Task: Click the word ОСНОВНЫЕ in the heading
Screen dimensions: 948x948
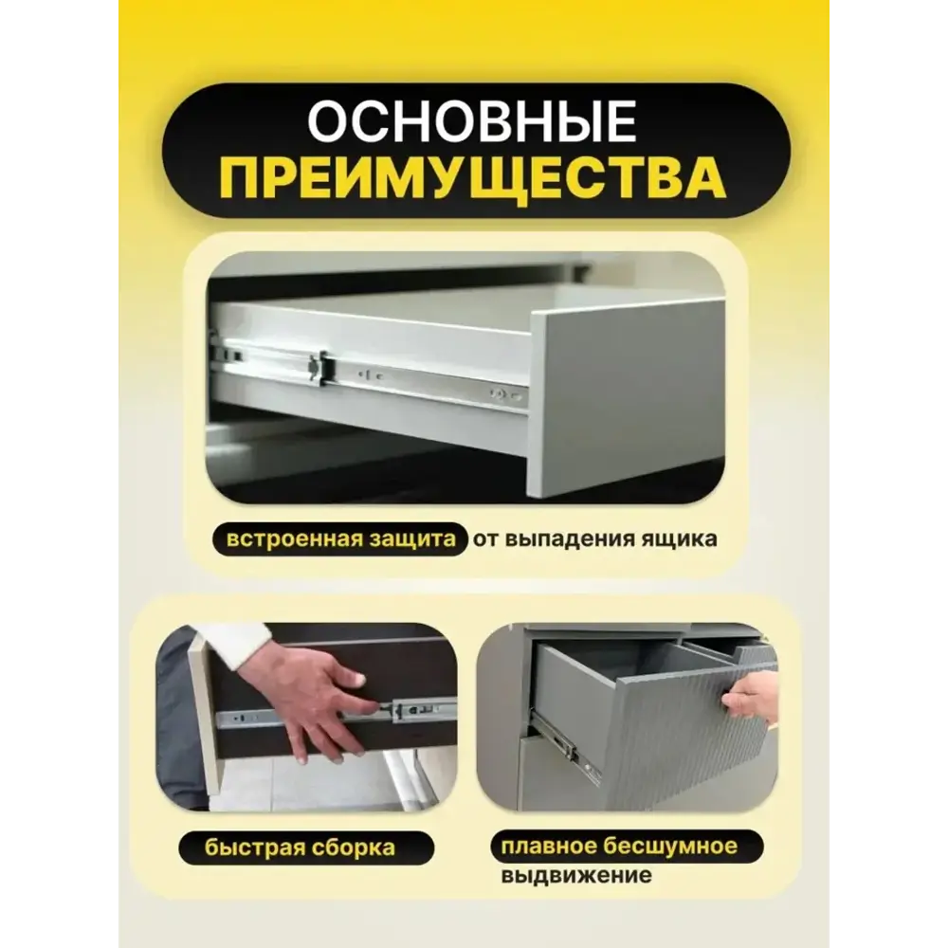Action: [472, 122]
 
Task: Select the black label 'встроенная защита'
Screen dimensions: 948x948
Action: [340, 539]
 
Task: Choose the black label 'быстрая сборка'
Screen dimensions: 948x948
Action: [300, 846]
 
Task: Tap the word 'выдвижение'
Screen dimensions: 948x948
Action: [576, 875]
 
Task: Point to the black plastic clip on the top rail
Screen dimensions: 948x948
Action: [319, 366]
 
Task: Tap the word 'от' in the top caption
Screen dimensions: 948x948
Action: [484, 539]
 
